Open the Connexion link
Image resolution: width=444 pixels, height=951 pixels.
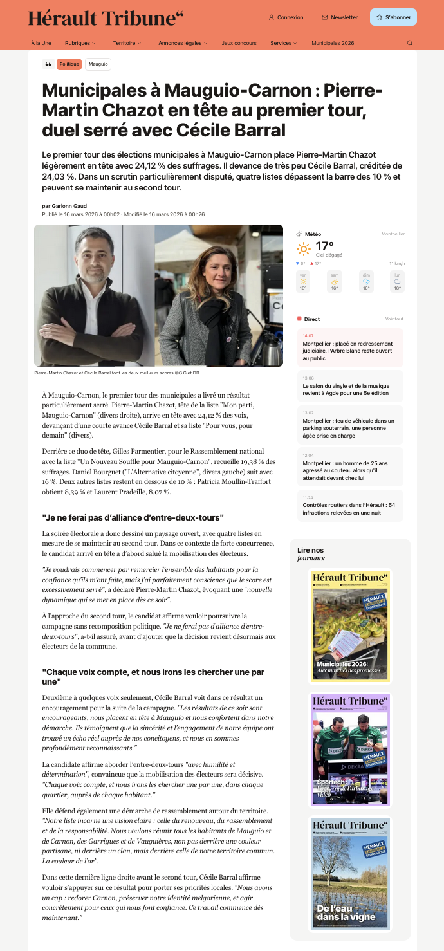(286, 17)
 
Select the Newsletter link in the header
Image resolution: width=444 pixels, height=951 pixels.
(340, 17)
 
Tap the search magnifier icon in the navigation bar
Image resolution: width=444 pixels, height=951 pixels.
(410, 43)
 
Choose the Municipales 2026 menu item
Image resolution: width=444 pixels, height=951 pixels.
(333, 43)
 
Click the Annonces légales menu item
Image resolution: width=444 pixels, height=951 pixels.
(183, 43)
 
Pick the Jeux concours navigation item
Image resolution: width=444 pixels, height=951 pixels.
(239, 43)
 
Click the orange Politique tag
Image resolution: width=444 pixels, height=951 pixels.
(69, 64)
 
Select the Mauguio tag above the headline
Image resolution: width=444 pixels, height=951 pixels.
(98, 64)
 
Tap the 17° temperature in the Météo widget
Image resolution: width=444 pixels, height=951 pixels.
(324, 246)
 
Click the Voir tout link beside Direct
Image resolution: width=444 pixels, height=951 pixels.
(394, 319)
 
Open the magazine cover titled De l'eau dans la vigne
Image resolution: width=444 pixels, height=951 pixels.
(351, 873)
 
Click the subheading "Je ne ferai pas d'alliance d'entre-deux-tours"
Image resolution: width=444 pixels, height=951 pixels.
(133, 517)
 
